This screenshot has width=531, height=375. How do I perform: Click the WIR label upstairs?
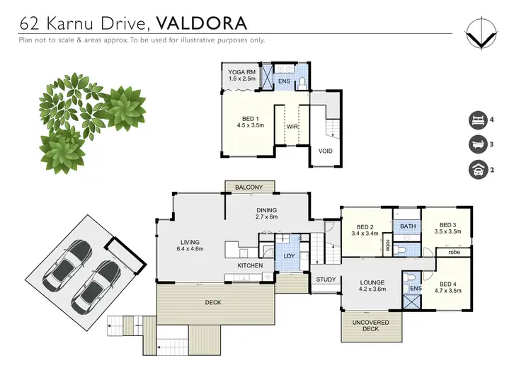click(292, 127)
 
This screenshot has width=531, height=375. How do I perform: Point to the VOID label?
click(325, 151)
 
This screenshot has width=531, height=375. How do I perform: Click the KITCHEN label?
click(250, 265)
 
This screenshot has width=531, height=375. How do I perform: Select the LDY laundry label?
click(289, 255)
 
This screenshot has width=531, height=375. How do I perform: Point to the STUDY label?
click(326, 279)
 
